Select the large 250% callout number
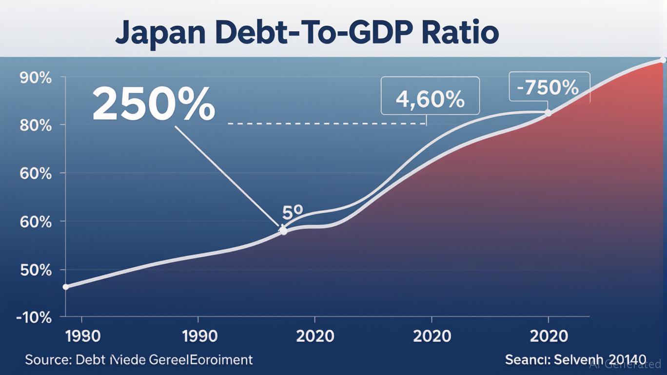tap(154, 104)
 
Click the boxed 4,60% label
tap(430, 99)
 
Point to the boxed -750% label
tap(549, 87)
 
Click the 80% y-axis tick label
tap(35, 125)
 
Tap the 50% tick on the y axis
tap(35, 270)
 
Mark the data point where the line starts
tap(66, 287)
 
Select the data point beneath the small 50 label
tap(283, 230)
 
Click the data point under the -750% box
tap(548, 113)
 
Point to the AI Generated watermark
tap(625, 364)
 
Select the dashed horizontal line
tap(327, 124)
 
